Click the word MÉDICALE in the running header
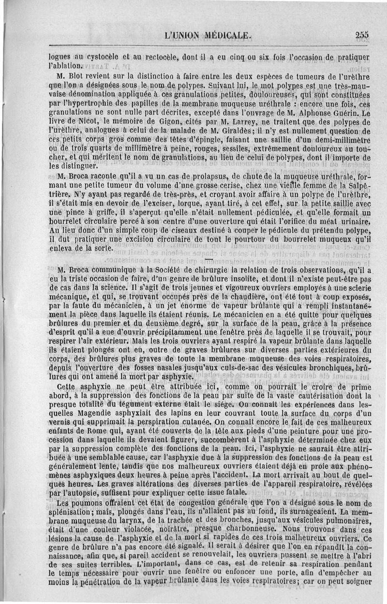(221, 35)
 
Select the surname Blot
(74, 76)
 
